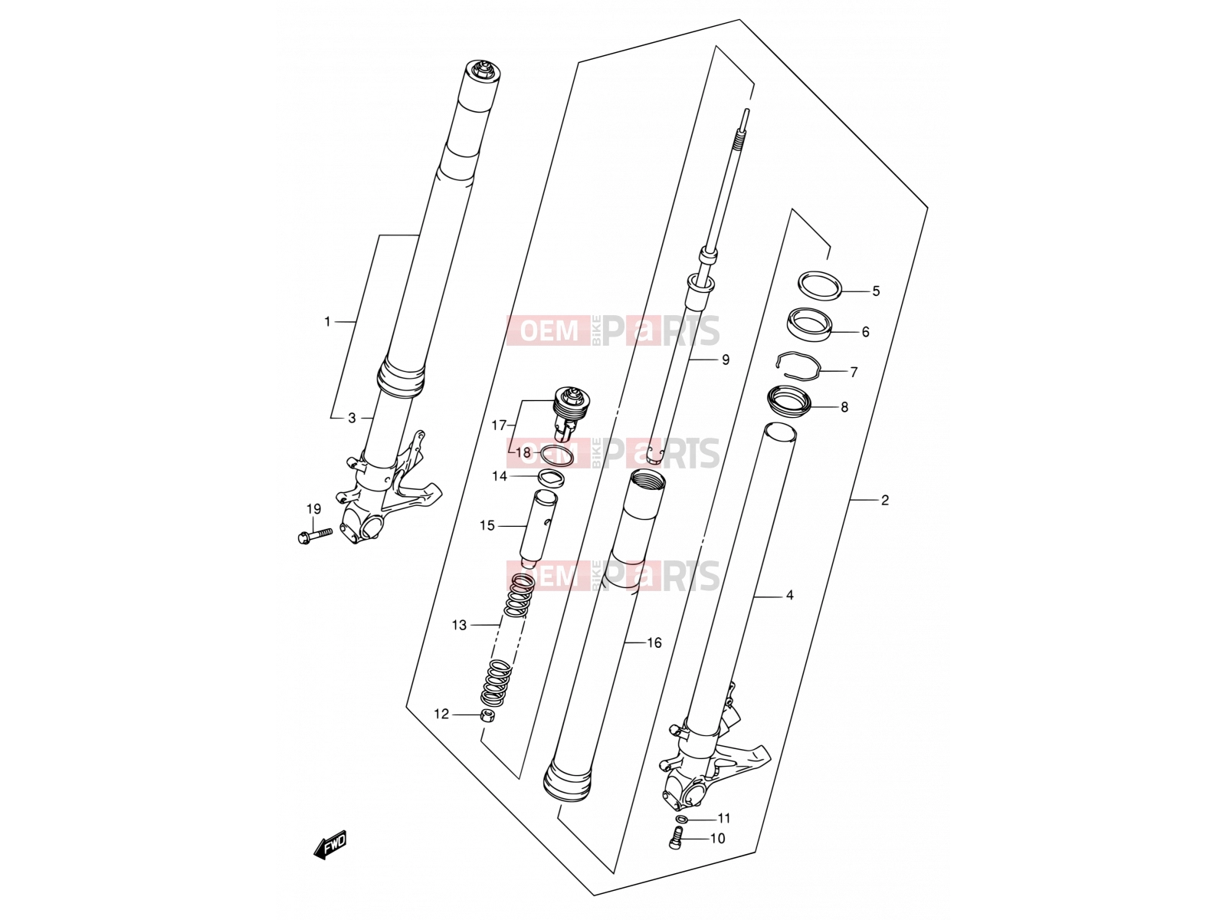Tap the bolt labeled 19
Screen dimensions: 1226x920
coord(312,535)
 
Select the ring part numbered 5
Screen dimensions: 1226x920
coord(819,285)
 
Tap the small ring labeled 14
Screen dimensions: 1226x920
coord(551,478)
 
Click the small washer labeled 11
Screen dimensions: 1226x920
coord(681,819)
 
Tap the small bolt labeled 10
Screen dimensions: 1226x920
coord(675,836)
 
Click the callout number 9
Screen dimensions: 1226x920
coord(725,360)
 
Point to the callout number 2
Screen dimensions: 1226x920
coord(885,500)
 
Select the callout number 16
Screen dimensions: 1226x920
coord(654,643)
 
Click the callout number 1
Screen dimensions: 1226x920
coord(328,322)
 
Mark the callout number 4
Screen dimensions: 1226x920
coord(789,596)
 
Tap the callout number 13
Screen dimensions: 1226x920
coord(459,625)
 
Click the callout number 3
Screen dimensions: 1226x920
coord(352,418)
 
